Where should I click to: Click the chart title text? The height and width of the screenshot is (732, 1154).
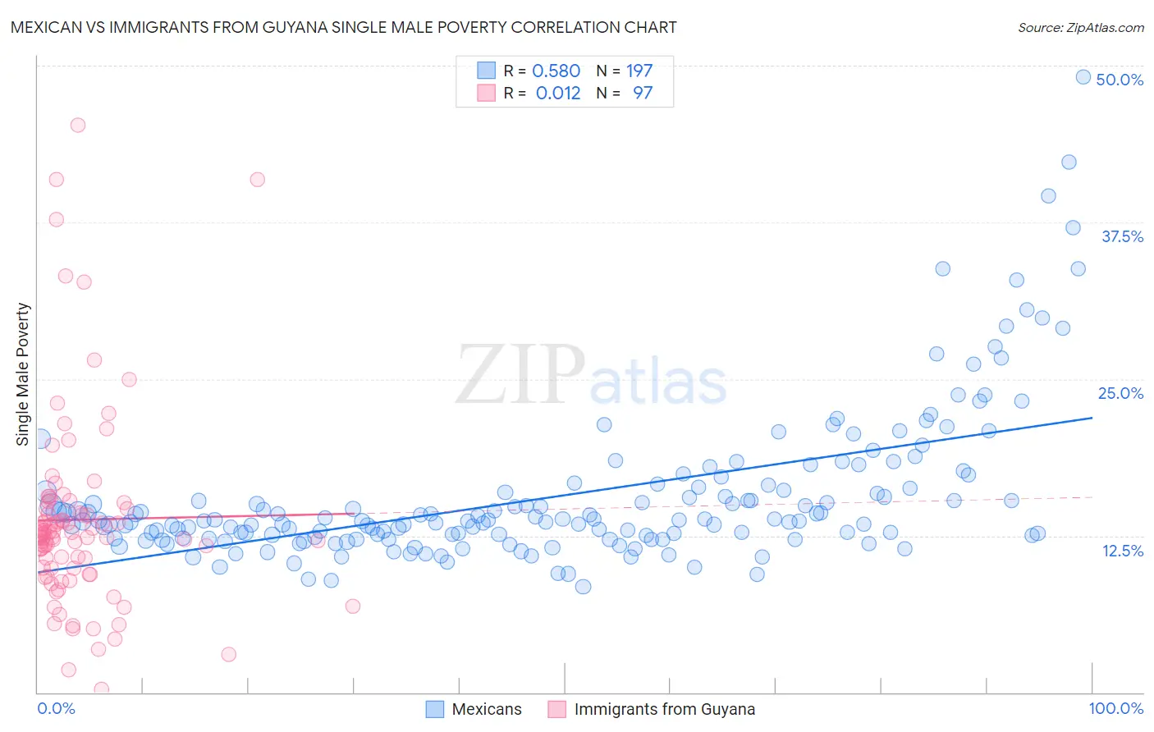click(343, 27)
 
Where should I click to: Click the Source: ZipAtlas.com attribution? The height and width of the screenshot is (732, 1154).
click(1080, 27)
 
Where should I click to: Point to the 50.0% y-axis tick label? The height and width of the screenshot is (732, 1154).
click(1120, 80)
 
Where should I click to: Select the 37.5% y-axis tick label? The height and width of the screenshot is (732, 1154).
click(1122, 236)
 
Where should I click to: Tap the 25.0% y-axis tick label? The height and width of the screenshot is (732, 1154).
click(1120, 393)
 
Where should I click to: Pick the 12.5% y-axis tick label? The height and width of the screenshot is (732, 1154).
click(1122, 551)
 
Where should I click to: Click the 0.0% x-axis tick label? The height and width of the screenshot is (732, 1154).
click(56, 708)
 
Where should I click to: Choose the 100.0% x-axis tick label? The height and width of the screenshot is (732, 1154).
click(1115, 708)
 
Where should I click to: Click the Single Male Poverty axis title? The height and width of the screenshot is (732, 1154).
click(23, 374)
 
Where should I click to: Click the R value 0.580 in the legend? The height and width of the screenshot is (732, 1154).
click(556, 71)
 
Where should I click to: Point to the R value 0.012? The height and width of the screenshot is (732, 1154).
click(557, 93)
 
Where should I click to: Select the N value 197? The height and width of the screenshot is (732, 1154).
click(639, 71)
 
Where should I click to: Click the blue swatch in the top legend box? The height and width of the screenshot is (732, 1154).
click(486, 71)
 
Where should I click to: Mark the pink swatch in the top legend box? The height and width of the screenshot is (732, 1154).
click(486, 93)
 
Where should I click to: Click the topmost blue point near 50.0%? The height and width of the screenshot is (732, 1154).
click(1083, 77)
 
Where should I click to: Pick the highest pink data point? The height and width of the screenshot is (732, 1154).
click(78, 125)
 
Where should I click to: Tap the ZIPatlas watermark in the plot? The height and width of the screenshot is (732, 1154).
click(591, 376)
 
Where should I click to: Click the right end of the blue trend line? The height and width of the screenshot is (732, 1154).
click(1092, 418)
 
